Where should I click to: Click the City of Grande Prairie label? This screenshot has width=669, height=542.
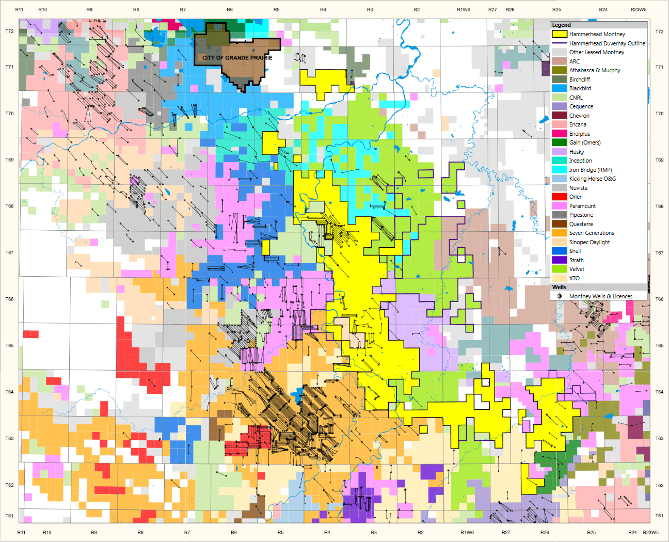[237, 57]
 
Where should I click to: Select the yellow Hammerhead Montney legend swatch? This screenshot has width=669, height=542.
[560, 34]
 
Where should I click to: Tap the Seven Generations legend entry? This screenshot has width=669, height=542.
[591, 233]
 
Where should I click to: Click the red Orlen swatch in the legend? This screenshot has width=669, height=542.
[560, 197]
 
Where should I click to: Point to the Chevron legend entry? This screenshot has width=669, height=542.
[579, 116]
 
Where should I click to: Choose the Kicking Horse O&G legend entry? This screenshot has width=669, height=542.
[592, 179]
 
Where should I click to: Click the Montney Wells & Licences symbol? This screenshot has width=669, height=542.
[559, 296]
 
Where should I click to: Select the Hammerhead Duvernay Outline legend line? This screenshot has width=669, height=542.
[560, 43]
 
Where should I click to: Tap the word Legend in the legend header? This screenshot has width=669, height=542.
[561, 25]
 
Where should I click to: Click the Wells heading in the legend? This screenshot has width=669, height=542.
[559, 287]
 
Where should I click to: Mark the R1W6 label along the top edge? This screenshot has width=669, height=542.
[463, 9]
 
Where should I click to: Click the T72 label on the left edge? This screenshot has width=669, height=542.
[9, 31]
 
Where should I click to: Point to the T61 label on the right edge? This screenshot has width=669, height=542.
[659, 516]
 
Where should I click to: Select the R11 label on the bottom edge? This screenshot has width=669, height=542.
[21, 532]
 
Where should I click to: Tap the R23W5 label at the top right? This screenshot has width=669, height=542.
[638, 9]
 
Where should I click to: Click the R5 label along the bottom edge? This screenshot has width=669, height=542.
[280, 532]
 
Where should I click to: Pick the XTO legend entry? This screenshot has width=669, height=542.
[574, 278]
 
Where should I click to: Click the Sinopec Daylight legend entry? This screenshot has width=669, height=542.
[589, 242]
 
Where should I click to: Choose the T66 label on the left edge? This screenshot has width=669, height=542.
[9, 299]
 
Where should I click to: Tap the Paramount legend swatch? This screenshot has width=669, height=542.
[560, 206]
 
